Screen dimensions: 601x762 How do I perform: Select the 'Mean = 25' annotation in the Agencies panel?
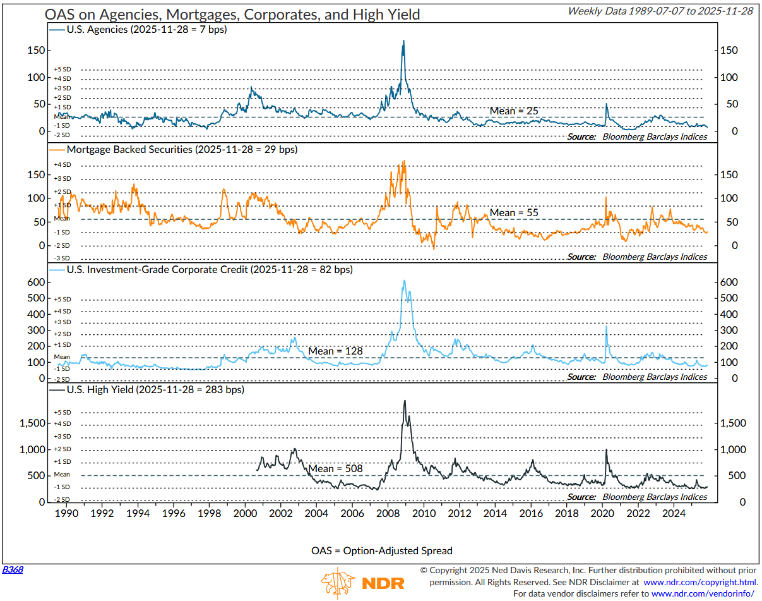pyautogui.click(x=514, y=111)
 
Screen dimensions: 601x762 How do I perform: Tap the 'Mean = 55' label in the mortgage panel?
pyautogui.click(x=514, y=212)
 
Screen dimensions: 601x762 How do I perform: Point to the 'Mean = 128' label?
pyautogui.click(x=335, y=351)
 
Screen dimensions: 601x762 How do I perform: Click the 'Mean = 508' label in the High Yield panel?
pyautogui.click(x=335, y=468)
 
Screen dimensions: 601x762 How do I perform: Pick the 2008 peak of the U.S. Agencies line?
pyautogui.click(x=403, y=41)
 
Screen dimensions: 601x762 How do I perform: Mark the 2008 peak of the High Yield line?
pyautogui.click(x=404, y=401)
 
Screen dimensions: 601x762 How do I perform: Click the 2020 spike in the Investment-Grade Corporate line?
pyautogui.click(x=606, y=327)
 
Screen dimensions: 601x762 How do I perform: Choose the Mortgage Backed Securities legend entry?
pyautogui.click(x=178, y=150)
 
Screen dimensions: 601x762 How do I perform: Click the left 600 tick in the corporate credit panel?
pyautogui.click(x=35, y=282)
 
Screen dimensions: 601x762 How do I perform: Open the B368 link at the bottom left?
pyautogui.click(x=13, y=569)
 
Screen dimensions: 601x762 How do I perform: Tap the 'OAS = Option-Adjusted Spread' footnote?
pyautogui.click(x=382, y=550)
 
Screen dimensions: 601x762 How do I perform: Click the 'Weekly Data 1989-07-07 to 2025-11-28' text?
pyautogui.click(x=660, y=11)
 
